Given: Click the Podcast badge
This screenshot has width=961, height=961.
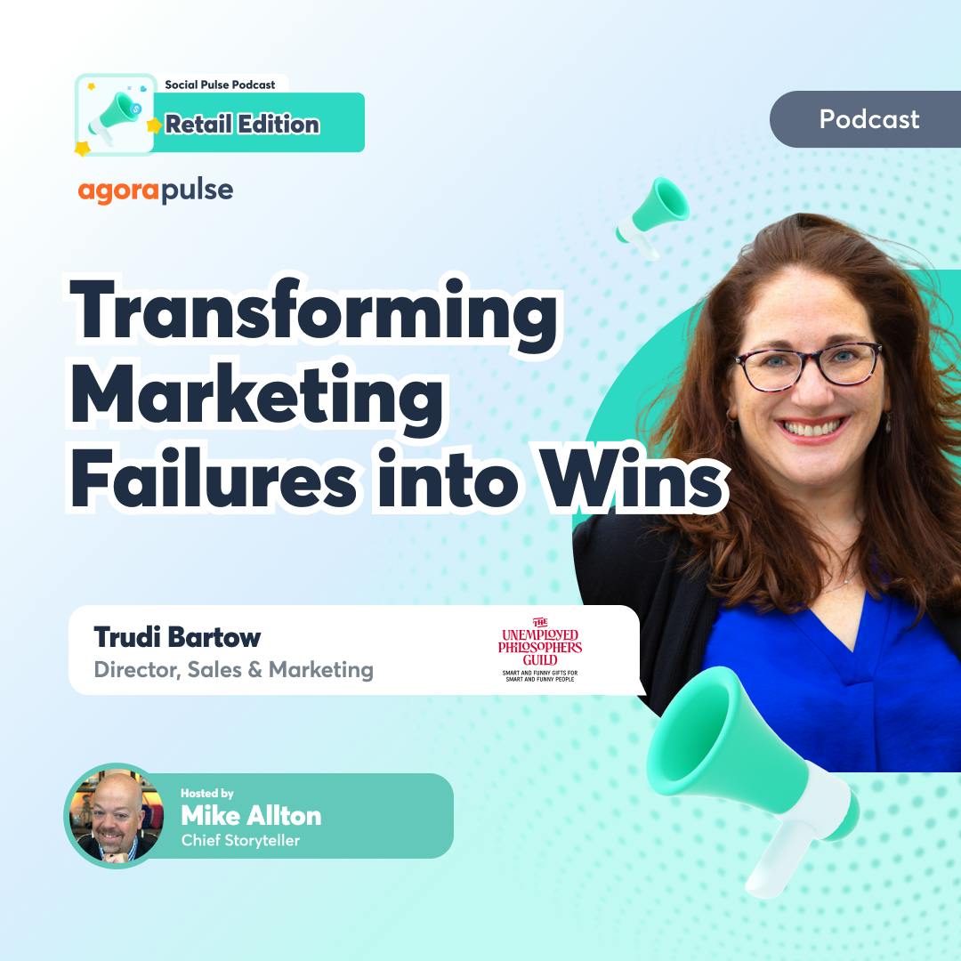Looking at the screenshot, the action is [x=866, y=119].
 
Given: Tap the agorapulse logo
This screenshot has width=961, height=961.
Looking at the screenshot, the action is [x=156, y=190].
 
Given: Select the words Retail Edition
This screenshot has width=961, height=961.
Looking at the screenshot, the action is [x=243, y=124].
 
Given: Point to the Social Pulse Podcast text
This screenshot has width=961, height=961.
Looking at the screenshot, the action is [x=220, y=85].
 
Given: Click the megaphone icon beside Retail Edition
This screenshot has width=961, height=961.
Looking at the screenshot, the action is [x=115, y=116].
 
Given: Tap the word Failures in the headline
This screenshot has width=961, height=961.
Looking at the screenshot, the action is [x=214, y=477].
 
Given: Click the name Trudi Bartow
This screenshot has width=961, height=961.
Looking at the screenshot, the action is [x=177, y=637].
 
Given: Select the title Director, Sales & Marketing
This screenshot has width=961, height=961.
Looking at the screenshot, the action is [x=233, y=670].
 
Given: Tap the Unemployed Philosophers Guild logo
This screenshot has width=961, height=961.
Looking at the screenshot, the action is [x=540, y=650].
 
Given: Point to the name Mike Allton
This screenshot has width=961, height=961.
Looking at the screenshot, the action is [x=251, y=816].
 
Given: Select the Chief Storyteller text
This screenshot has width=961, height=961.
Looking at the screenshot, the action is [x=240, y=840].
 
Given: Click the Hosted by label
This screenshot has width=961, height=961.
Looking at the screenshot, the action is [x=207, y=793].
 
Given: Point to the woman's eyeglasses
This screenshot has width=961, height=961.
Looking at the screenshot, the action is [x=808, y=366].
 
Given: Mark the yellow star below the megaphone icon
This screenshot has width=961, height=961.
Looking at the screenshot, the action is [x=82, y=149].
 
